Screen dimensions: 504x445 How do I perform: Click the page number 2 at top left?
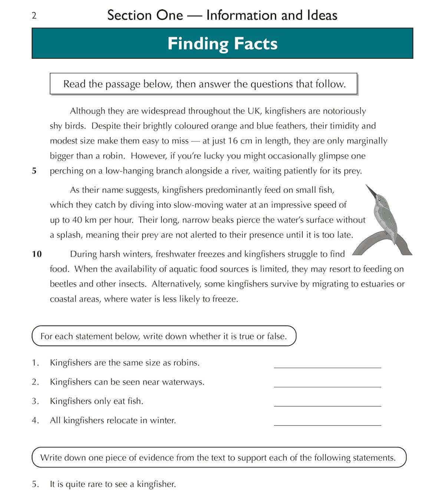coord(34,16)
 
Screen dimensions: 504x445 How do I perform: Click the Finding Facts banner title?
coord(222,43)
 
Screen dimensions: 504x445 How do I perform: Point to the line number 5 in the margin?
coord(34,171)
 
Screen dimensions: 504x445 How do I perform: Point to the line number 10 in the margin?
coord(37,254)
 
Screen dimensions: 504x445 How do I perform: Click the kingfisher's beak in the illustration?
coord(371,191)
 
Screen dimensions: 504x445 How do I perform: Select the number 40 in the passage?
coord(77,220)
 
